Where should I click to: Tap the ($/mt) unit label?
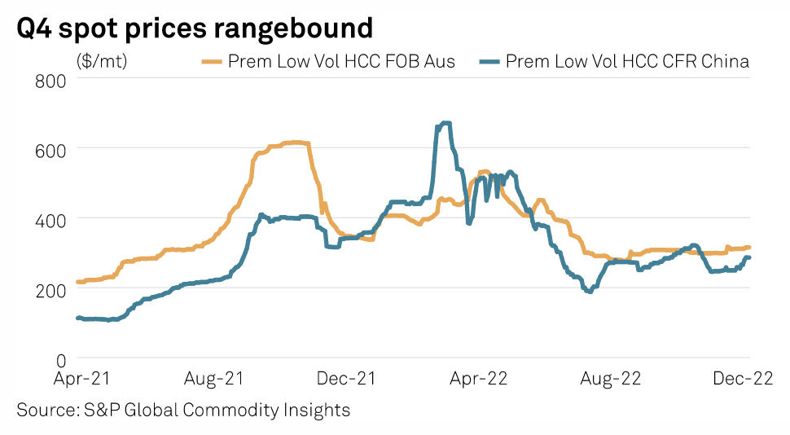[102, 61]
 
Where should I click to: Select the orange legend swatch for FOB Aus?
[212, 61]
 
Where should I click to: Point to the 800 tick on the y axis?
[52, 80]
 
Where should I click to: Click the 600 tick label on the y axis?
[52, 149]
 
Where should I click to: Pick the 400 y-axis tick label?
[52, 219]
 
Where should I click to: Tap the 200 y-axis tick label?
[52, 289]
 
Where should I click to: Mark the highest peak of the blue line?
[445, 123]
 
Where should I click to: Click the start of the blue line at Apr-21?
[78, 318]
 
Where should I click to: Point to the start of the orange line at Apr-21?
[78, 282]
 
